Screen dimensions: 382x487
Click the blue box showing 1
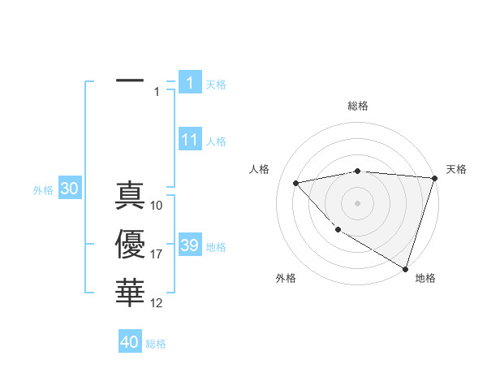189,82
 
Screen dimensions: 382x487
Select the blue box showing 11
189,140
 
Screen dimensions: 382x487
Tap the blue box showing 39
189,245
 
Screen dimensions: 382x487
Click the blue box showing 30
69,189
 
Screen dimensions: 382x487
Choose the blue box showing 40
130,342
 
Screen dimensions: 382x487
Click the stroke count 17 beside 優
157,254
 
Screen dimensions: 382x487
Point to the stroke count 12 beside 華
157,303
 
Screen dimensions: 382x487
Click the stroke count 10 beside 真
157,206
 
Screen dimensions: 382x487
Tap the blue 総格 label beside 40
156,344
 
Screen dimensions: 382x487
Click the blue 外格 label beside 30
43,190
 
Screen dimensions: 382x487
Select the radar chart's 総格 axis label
357,106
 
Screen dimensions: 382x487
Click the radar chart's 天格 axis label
456,169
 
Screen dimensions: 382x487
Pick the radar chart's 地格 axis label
425,278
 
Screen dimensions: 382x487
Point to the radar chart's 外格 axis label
286,278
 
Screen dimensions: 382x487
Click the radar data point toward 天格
434,178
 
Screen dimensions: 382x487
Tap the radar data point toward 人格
296,183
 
